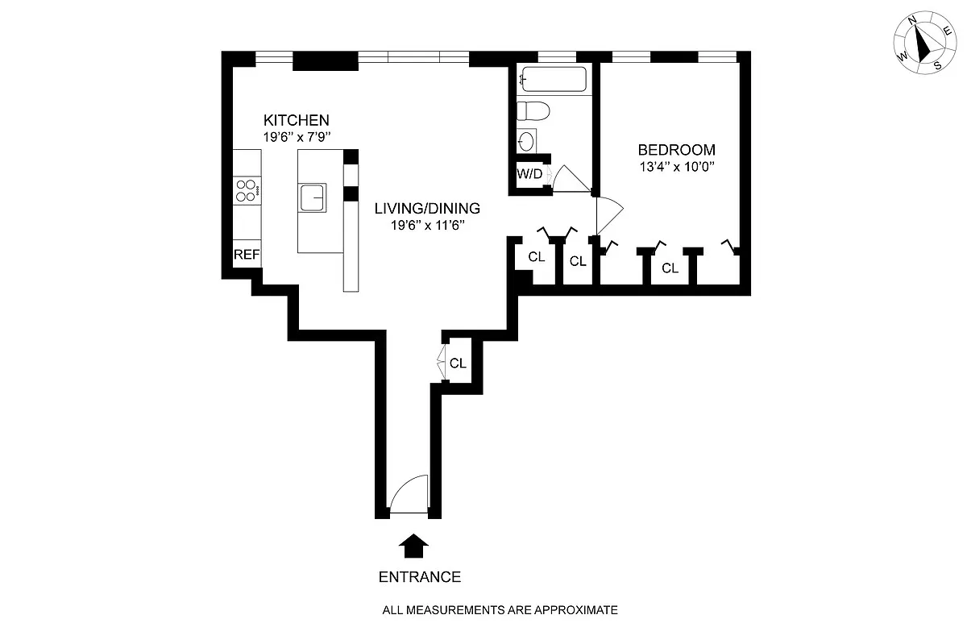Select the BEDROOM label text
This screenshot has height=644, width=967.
tap(676, 150)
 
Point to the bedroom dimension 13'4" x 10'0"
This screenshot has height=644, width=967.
tap(677, 168)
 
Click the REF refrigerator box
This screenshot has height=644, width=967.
tap(247, 255)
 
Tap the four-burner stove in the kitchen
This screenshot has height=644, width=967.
tap(246, 190)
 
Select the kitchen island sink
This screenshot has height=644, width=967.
tap(313, 197)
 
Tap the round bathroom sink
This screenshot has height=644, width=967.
tap(526, 142)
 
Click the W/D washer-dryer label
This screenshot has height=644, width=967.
tap(529, 174)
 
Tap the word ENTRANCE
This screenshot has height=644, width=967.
tap(420, 577)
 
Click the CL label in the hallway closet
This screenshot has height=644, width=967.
tap(458, 364)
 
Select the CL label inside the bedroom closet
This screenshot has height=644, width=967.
tap(670, 268)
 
